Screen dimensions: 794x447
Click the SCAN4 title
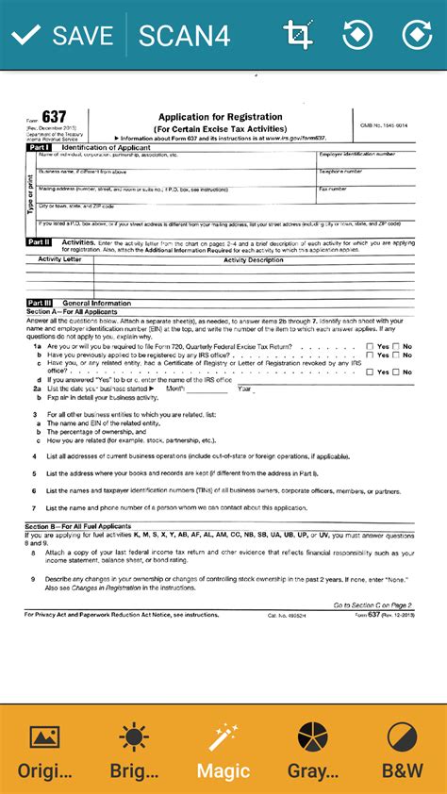point(184,36)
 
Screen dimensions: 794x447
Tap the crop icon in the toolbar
point(298,36)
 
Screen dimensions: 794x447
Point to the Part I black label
point(39,149)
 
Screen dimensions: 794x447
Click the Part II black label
point(39,242)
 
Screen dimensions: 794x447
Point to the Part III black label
point(40,303)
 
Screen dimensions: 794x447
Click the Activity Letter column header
point(59,259)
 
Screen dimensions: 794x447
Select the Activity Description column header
point(253,259)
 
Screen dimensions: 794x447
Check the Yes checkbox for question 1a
point(370,346)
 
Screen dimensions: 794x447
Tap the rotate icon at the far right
point(415,36)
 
